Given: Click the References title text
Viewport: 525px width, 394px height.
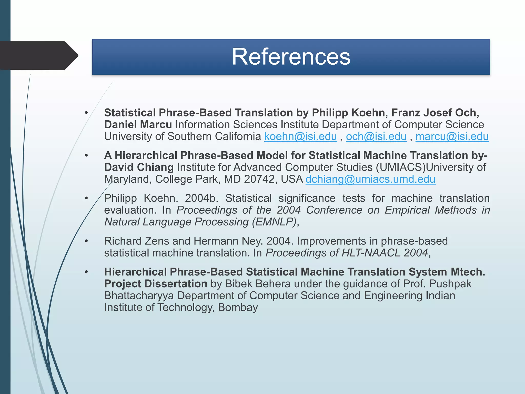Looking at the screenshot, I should (291, 57).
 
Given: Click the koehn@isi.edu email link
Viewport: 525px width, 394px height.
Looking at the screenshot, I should (300, 136).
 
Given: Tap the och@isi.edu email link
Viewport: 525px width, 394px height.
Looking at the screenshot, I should (376, 136).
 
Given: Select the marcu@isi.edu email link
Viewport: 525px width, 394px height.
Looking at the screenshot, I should (452, 136).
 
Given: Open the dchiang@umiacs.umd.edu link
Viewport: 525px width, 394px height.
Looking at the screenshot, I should (370, 179).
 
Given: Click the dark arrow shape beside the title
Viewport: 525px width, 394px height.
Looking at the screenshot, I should (38, 55).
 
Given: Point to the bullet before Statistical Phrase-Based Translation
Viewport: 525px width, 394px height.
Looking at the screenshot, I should (86, 113).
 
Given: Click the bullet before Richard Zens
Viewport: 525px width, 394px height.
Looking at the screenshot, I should (86, 241).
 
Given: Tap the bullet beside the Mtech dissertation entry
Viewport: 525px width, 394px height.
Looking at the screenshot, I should (86, 272).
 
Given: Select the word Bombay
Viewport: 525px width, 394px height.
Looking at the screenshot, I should (238, 307).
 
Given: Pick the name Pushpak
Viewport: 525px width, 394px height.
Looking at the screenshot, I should (450, 284).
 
